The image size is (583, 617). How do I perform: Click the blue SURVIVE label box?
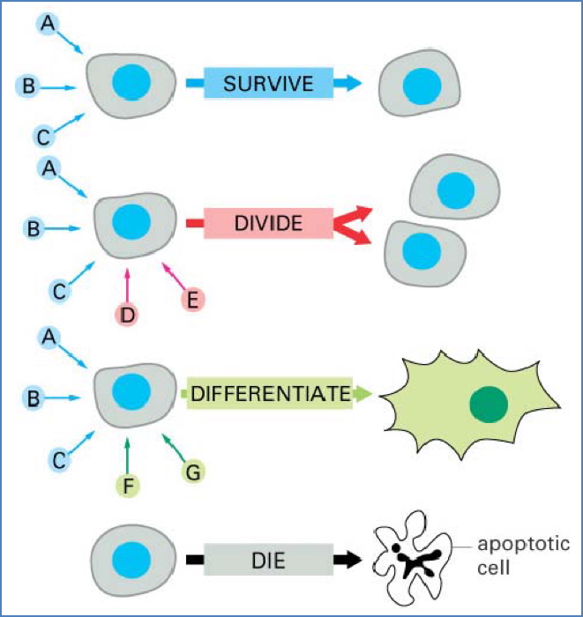pos(268,84)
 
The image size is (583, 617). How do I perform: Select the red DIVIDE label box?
pos(268,224)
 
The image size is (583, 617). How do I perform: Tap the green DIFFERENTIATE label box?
pos(270,394)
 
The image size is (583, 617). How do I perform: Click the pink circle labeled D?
pos(129,312)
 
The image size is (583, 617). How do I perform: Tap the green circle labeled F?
pos(129,482)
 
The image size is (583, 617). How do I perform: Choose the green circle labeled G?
pos(193,471)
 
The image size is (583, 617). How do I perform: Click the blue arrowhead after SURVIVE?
pos(352,84)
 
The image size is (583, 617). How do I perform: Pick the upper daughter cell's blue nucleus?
pos(455,189)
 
